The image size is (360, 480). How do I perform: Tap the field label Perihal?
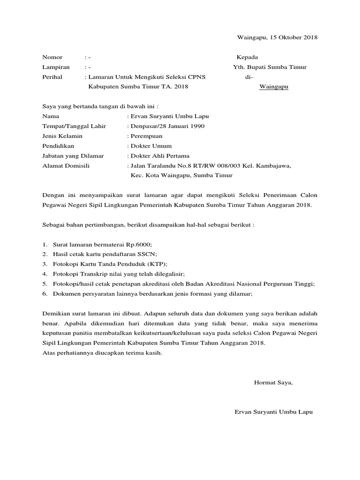53,77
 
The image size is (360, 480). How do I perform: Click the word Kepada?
247,57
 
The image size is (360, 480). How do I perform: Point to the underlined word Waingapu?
274,87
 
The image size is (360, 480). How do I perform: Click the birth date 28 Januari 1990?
180,126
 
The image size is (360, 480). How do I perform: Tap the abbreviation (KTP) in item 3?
157,264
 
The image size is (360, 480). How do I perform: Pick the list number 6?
44,293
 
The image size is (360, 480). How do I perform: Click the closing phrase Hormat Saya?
273,382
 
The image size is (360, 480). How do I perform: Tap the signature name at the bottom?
273,412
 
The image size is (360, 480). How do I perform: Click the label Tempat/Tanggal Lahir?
74,126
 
